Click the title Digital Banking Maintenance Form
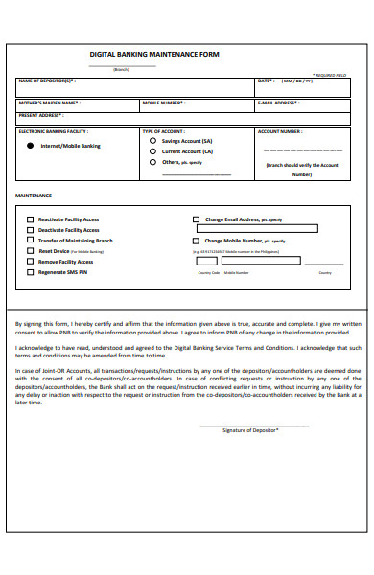[154, 55]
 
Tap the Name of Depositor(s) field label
[47, 80]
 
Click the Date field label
[266, 80]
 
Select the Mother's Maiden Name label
[50, 102]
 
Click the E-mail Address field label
[280, 102]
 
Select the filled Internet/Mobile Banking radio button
[32, 146]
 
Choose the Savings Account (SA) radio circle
[152, 140]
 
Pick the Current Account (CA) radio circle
[152, 151]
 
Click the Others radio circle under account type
[152, 162]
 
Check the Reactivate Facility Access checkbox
[30, 219]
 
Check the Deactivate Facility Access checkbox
[30, 230]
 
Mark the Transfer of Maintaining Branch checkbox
[30, 241]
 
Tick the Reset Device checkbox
[30, 251]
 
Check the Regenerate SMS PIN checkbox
[30, 272]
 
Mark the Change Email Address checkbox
[197, 219]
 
